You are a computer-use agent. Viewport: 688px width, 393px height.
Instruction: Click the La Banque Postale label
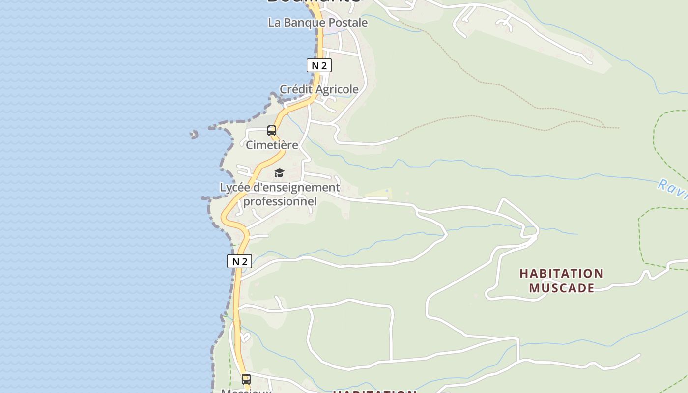pyautogui.click(x=317, y=23)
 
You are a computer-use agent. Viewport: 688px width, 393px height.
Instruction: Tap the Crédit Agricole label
pyautogui.click(x=319, y=89)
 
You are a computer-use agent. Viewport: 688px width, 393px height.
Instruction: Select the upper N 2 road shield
pyautogui.click(x=319, y=65)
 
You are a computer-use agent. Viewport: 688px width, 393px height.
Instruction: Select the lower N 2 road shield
pyautogui.click(x=239, y=261)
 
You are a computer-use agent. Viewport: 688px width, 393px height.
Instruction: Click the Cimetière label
pyautogui.click(x=272, y=145)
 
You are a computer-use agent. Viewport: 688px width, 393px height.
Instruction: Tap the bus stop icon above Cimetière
pyautogui.click(x=272, y=131)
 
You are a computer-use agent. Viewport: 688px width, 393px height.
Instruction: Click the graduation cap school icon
pyautogui.click(x=279, y=173)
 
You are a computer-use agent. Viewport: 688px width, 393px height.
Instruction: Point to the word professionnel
pyautogui.click(x=280, y=201)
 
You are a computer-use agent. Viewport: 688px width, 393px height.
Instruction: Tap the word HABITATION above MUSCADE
pyautogui.click(x=561, y=273)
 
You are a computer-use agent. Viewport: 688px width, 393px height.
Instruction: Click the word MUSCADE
pyautogui.click(x=561, y=288)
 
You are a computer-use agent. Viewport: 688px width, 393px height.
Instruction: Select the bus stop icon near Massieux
pyautogui.click(x=246, y=379)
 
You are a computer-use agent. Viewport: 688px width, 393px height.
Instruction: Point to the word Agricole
pyautogui.click(x=337, y=89)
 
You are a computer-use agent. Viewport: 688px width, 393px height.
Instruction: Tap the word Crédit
pyautogui.click(x=296, y=89)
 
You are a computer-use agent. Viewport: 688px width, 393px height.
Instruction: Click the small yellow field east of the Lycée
pyautogui.click(x=378, y=194)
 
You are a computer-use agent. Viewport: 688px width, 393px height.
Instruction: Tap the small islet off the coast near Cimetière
pyautogui.click(x=194, y=134)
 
